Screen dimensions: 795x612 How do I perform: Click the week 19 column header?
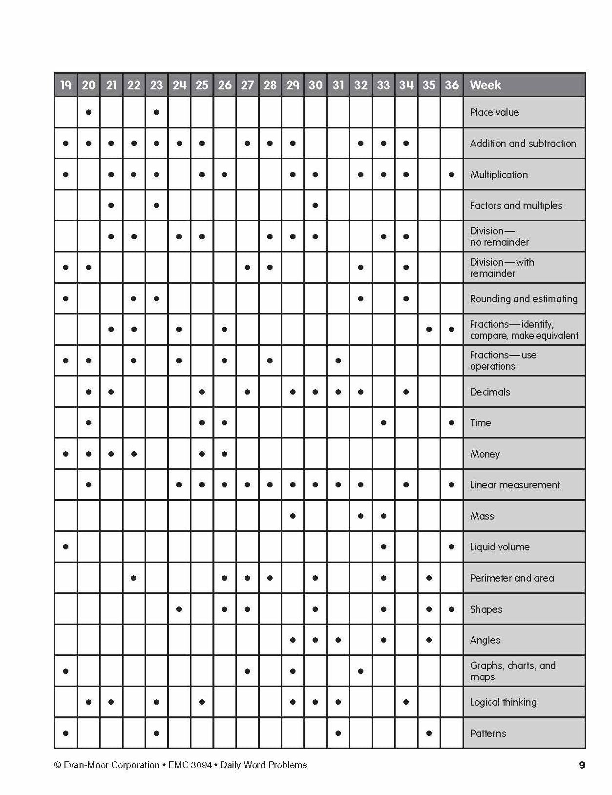(65, 85)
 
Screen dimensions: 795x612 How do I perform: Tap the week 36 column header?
(451, 85)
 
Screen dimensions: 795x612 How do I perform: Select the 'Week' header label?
(485, 85)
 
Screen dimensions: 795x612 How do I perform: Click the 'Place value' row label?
(494, 112)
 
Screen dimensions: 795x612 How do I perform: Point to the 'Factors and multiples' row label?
(516, 206)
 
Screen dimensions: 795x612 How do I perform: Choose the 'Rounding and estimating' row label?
(524, 299)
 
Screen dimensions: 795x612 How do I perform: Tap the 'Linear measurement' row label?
(515, 485)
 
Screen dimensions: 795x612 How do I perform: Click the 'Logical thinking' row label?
(503, 702)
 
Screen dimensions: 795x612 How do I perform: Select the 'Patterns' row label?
(488, 733)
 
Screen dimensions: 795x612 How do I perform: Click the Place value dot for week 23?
(156, 112)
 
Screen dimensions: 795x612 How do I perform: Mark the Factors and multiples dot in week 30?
(315, 205)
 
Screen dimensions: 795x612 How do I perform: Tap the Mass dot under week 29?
(293, 516)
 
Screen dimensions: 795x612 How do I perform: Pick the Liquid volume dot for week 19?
(65, 547)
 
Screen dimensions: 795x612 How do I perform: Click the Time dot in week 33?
(383, 423)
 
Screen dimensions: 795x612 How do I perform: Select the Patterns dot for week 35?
(429, 733)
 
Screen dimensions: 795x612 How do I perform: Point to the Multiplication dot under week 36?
(451, 174)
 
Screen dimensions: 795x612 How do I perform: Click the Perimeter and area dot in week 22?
(134, 578)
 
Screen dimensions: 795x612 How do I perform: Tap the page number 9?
(582, 765)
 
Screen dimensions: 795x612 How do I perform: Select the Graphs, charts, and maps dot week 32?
(360, 671)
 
